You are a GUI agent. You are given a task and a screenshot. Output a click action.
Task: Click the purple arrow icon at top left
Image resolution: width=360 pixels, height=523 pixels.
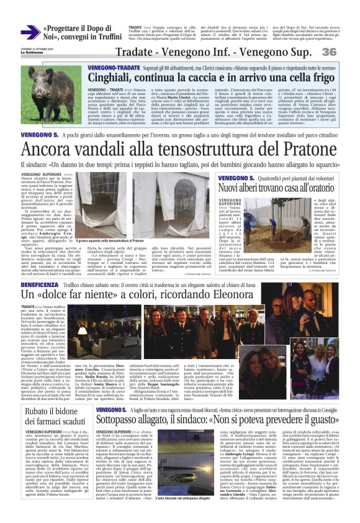[x=30, y=32]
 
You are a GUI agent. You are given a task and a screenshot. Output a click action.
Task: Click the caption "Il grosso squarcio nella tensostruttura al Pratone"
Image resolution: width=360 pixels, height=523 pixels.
[x=110, y=239]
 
